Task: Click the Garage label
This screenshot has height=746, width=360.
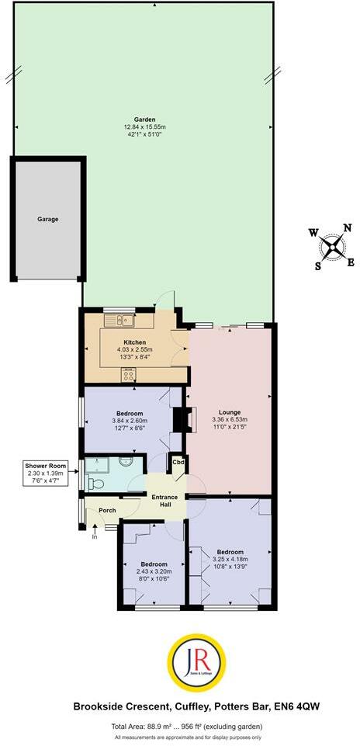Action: [x=47, y=219]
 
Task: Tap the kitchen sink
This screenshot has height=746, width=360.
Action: [x=124, y=320]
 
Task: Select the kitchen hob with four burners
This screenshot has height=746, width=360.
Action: [x=128, y=374]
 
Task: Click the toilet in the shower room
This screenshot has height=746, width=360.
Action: [x=95, y=483]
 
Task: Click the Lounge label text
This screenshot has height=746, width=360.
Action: [x=229, y=412]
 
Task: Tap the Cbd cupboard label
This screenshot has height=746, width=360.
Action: [x=178, y=462]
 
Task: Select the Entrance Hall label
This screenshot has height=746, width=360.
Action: [x=164, y=501]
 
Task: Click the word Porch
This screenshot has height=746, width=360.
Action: [x=107, y=510]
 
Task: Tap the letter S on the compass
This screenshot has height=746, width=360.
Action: [x=317, y=265]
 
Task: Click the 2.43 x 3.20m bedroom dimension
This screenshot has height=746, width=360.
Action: [x=151, y=571]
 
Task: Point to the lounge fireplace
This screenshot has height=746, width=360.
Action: [x=184, y=419]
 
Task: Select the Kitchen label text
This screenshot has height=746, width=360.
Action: [x=135, y=342]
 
